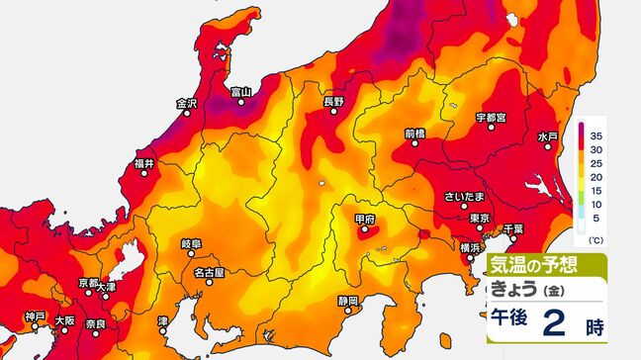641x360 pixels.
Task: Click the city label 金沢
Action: click(x=187, y=103)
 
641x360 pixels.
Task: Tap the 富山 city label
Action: click(x=240, y=93)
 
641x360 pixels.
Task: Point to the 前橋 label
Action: click(x=415, y=134)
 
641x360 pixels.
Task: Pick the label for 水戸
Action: click(x=548, y=135)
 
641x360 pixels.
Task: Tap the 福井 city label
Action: click(x=145, y=162)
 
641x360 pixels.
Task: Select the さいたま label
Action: click(x=464, y=197)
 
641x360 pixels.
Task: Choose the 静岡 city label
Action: click(x=346, y=299)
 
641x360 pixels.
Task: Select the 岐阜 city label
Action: click(x=191, y=242)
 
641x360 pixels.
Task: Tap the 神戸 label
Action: click(x=36, y=319)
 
